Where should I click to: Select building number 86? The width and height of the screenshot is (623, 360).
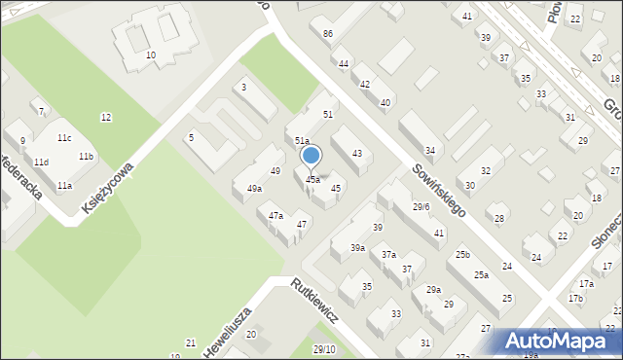(328, 34)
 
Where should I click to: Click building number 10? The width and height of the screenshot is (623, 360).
(151, 55)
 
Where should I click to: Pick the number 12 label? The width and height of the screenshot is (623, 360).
(105, 118)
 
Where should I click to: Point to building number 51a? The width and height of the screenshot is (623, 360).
(303, 141)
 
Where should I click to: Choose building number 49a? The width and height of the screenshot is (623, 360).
(254, 189)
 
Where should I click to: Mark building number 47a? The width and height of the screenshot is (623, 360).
(275, 215)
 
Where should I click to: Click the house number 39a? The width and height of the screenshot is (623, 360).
(358, 248)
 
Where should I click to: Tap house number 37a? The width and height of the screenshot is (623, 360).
(388, 254)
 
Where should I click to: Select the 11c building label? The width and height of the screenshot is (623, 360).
(64, 138)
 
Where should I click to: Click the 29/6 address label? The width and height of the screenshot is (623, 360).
(421, 206)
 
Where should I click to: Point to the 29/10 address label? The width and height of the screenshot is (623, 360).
(324, 349)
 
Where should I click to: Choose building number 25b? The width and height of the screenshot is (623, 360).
(462, 255)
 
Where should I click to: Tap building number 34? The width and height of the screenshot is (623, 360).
(429, 150)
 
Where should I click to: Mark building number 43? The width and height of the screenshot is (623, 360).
(357, 154)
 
